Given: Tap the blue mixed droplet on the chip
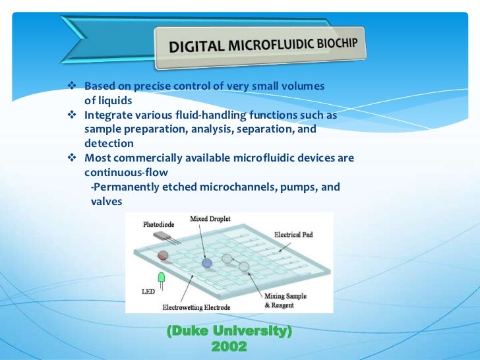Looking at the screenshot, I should click(x=207, y=262).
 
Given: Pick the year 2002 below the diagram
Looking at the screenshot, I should click(x=229, y=345).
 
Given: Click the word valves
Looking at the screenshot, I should click(x=106, y=201).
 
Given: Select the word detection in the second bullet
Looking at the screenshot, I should click(x=109, y=144).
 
